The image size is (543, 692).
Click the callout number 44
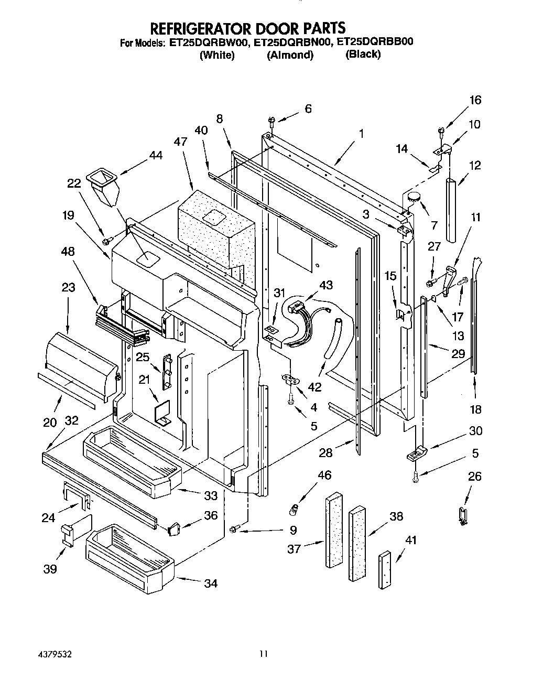click(x=155, y=155)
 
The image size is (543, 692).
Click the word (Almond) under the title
click(x=290, y=55)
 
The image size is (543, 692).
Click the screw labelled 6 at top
click(x=272, y=122)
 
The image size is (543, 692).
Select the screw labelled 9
click(x=234, y=529)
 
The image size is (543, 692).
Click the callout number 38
click(x=396, y=516)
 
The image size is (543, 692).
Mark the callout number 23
click(x=68, y=287)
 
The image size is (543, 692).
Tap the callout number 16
click(x=475, y=100)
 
